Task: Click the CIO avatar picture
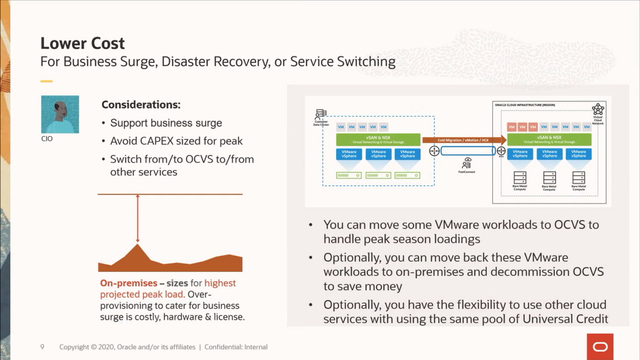pyautogui.click(x=60, y=114)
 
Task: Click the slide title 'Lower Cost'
pyautogui.click(x=83, y=44)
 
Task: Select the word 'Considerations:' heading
pyautogui.click(x=141, y=105)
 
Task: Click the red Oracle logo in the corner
pyautogui.click(x=599, y=347)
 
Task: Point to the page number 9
pyautogui.click(x=42, y=347)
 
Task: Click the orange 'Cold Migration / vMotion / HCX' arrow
pyautogui.click(x=463, y=140)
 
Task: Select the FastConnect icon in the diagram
pyautogui.click(x=467, y=163)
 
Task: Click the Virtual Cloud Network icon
pyautogui.click(x=598, y=110)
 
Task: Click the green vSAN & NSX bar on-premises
pyautogui.click(x=378, y=139)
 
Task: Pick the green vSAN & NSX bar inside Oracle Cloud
pyautogui.click(x=549, y=139)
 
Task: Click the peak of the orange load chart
pyautogui.click(x=137, y=245)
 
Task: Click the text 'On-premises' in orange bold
pyautogui.click(x=129, y=283)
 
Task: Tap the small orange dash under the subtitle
pyautogui.click(x=46, y=81)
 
